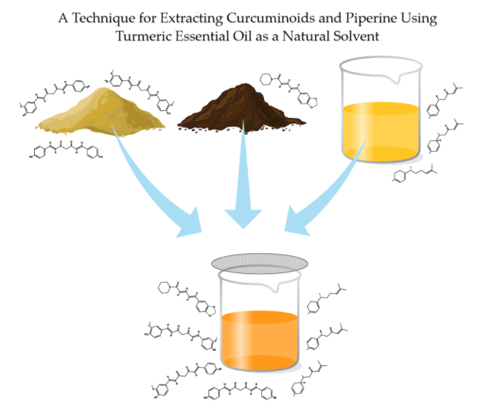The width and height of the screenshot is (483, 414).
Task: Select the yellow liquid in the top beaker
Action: tap(380, 128)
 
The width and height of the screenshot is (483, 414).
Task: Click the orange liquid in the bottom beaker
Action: tap(260, 340)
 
